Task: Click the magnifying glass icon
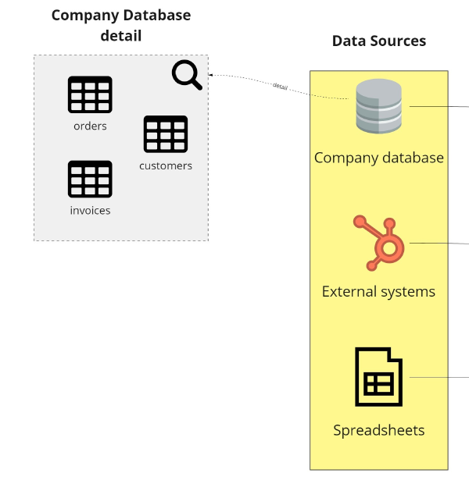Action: (x=187, y=75)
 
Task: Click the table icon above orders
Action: (x=90, y=94)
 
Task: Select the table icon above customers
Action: (x=166, y=134)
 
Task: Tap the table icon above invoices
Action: (x=90, y=179)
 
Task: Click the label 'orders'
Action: (x=90, y=126)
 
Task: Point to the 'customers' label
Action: (x=166, y=165)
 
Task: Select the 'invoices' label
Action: (x=90, y=210)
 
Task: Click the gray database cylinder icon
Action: (x=378, y=106)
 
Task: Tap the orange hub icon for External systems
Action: (x=378, y=242)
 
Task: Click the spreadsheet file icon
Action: (x=378, y=377)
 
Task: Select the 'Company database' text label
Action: (x=378, y=158)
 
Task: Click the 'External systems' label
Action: (x=378, y=292)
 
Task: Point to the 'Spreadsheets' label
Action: (x=378, y=430)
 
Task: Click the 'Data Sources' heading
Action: (x=379, y=41)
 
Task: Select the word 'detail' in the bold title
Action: (x=121, y=35)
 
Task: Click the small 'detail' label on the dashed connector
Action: (x=280, y=86)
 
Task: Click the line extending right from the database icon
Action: (x=439, y=107)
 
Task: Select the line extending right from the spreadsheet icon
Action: (x=439, y=377)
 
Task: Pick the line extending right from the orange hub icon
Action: (x=439, y=243)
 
